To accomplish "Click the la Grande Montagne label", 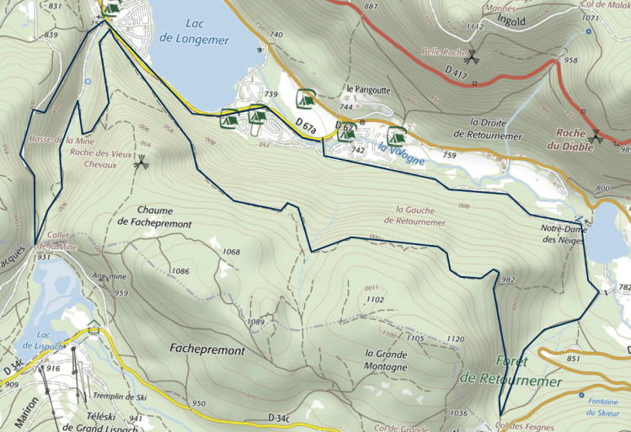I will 387,360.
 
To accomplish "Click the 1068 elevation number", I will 231,253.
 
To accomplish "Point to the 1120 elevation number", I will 456,339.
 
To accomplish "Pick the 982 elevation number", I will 508,280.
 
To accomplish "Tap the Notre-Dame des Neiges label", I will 564,234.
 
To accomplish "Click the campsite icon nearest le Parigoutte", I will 307,99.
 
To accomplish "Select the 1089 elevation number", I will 257,323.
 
